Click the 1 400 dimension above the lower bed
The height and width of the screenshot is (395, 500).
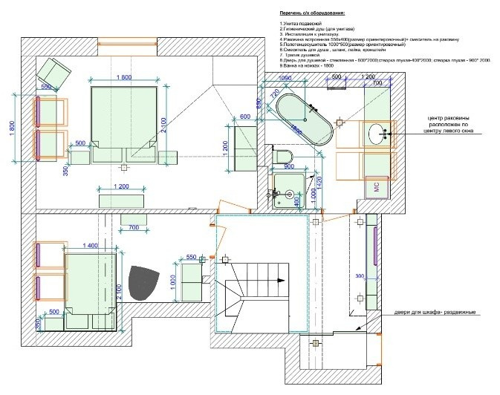(91, 245)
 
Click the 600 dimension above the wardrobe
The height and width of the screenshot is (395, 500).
(245, 117)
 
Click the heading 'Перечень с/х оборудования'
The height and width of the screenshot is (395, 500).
(313, 14)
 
